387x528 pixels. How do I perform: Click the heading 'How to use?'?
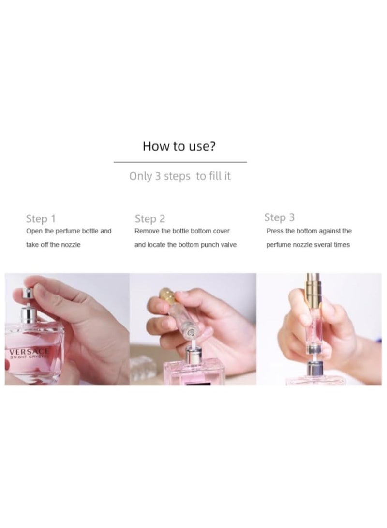(179, 146)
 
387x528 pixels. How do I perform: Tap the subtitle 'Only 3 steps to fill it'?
(180, 176)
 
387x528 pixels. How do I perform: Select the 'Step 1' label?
(41, 219)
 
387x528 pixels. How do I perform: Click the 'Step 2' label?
(150, 219)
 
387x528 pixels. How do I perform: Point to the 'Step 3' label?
(279, 217)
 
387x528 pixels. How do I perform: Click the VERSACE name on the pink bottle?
(29, 352)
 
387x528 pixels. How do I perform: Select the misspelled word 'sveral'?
(323, 245)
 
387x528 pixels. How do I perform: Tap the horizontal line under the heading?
(180, 162)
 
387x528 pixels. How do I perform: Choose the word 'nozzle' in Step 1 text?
(71, 245)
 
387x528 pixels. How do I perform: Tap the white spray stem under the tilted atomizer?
(193, 342)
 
